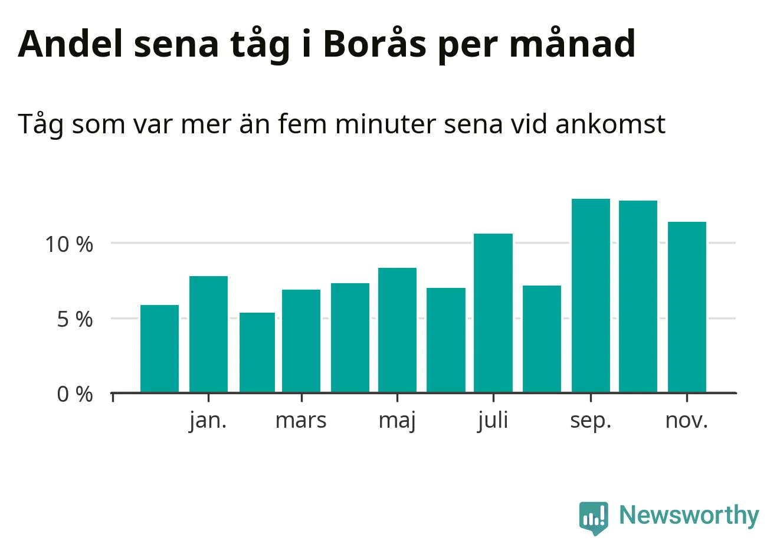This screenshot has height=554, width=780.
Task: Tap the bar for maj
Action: pyautogui.click(x=397, y=330)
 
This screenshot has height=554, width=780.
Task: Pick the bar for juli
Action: pyautogui.click(x=493, y=313)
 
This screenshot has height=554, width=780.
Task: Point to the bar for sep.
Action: pyautogui.click(x=591, y=295)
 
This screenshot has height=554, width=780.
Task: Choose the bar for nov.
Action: pyautogui.click(x=687, y=307)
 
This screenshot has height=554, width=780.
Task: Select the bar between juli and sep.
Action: pyautogui.click(x=542, y=339)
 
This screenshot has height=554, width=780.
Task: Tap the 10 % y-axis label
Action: pyautogui.click(x=69, y=244)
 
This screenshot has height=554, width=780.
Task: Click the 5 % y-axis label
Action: pyautogui.click(x=75, y=319)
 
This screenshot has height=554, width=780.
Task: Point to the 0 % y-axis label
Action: pyautogui.click(x=75, y=394)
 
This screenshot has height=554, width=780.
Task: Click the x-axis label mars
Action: pyautogui.click(x=301, y=421)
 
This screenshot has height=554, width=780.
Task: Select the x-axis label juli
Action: pyautogui.click(x=493, y=421)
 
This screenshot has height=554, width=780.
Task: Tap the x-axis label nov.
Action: pyautogui.click(x=686, y=421)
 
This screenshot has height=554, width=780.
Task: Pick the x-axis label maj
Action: pyautogui.click(x=397, y=421)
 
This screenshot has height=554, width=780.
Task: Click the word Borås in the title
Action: pyautogui.click(x=374, y=44)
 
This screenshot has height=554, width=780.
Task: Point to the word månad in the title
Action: pyautogui.click(x=572, y=44)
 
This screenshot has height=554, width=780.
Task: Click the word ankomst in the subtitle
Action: pyautogui.click(x=610, y=124)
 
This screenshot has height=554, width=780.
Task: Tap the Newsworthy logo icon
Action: pyautogui.click(x=593, y=517)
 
